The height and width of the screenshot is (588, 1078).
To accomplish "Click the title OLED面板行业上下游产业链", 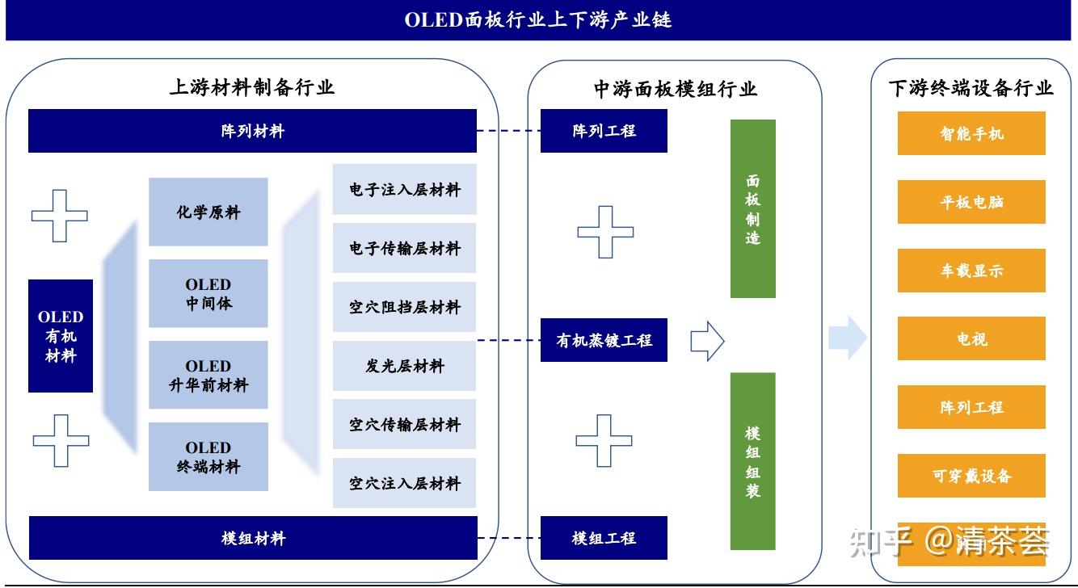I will tap(538, 20).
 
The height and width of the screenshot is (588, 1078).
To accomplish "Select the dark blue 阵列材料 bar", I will tap(252, 131).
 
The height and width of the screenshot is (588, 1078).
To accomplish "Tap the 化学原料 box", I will tap(208, 212).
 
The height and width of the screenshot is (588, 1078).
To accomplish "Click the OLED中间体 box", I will tap(208, 294).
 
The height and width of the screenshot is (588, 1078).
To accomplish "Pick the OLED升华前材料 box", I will tap(208, 376).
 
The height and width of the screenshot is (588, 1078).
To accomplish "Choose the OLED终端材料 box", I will tap(208, 457).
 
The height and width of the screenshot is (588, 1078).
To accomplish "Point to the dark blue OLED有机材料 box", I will tap(61, 336).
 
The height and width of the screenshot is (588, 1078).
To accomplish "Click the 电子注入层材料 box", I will tap(404, 190).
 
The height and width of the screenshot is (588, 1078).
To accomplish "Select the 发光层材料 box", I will tap(404, 366).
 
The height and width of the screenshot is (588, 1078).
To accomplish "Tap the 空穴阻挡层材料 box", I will tap(404, 307).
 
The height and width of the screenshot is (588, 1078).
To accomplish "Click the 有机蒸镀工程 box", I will tap(604, 340).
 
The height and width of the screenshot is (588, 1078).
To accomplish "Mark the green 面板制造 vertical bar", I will tap(752, 208).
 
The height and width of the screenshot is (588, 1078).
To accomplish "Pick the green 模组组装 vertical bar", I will tap(752, 461).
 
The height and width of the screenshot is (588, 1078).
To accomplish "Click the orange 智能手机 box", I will tap(971, 133).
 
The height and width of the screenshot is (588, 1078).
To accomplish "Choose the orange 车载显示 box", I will tap(971, 271).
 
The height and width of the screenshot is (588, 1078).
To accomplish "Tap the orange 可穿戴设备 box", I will tap(971, 476).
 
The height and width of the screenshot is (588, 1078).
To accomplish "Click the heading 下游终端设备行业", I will tap(971, 88).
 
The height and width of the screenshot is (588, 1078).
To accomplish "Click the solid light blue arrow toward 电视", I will tap(847, 338).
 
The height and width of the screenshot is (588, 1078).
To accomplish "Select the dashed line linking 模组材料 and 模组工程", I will tap(508, 538).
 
